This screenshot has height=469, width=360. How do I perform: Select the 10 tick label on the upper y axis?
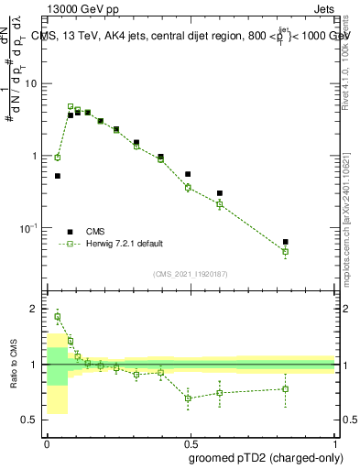(x=32, y=84)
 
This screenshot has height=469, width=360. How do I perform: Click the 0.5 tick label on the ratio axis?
(x=32, y=420)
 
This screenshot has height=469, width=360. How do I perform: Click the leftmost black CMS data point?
(x=58, y=176)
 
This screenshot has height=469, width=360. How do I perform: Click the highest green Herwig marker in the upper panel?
(x=71, y=106)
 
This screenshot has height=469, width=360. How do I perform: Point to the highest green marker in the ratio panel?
(x=58, y=317)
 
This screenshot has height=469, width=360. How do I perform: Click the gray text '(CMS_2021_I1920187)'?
(x=190, y=274)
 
